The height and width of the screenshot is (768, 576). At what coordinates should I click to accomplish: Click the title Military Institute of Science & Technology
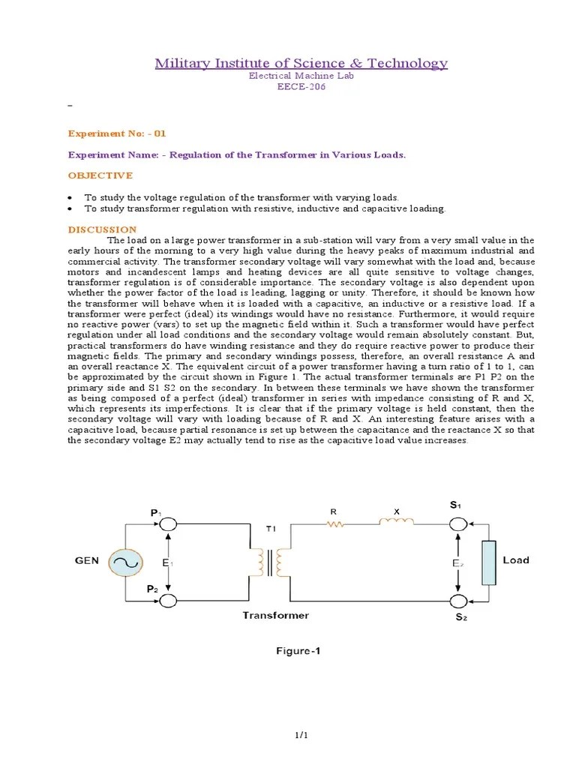pos(301,63)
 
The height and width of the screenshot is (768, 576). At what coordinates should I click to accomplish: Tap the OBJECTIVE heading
pos(100,175)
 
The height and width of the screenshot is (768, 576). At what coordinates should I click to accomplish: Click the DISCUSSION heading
pos(103,229)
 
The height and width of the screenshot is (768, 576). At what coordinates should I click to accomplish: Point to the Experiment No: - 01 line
pos(116,133)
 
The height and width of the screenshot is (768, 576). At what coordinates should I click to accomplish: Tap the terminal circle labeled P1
pos(168,523)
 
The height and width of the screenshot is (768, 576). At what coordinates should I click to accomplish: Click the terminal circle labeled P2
pos(168,601)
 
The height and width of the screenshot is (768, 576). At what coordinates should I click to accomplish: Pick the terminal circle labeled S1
pos(457,523)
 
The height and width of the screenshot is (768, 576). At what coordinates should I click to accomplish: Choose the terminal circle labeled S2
pos(457,601)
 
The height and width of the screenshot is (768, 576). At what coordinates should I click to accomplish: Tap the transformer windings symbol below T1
pos(270,561)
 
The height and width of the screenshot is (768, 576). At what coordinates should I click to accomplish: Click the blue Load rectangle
pos(489,562)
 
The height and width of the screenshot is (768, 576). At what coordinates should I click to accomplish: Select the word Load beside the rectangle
pos(516,560)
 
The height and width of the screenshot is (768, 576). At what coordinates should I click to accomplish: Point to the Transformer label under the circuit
pos(275,615)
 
